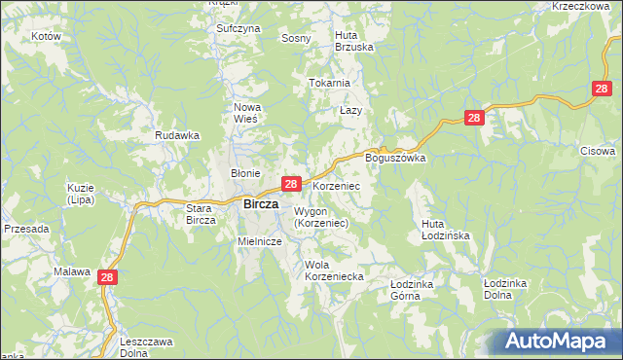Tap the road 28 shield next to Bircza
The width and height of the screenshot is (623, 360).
290,184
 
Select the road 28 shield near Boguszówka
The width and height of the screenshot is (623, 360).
473,118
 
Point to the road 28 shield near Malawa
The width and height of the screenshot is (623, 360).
107,278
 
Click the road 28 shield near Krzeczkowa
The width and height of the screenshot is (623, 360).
602,90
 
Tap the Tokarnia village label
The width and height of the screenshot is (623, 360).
329,83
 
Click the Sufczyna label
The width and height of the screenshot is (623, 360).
238,29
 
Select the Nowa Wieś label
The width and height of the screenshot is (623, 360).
245,112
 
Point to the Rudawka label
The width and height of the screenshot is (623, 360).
177,136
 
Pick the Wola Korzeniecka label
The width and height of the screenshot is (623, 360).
333,270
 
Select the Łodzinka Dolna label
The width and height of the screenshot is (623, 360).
504,288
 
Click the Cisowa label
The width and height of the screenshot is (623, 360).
598,151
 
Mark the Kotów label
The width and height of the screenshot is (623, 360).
46,36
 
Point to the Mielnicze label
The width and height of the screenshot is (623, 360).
260,240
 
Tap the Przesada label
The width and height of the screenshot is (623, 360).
26,229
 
